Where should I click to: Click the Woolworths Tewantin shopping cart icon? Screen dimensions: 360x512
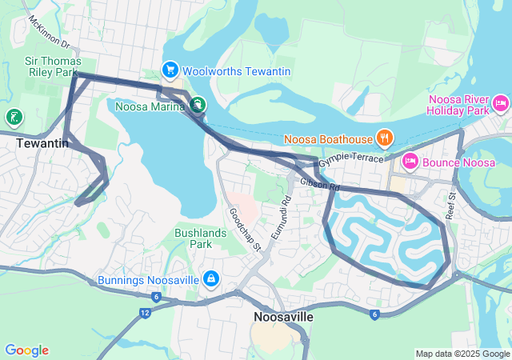coord(170,71)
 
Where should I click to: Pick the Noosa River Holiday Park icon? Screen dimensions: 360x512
coord(502,102)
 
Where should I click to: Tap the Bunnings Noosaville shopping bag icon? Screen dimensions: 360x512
coord(210,279)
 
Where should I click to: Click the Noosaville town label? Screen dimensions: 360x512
coord(283,317)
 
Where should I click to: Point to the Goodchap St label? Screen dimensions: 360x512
coord(245,229)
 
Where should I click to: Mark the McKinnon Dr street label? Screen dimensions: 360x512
coord(50,32)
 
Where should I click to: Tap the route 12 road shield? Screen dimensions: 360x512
coord(143,312)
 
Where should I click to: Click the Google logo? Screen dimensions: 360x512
coord(26,350)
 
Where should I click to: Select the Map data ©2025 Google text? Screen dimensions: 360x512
coord(462,354)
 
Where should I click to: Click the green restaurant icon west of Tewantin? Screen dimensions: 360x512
coord(14,118)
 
